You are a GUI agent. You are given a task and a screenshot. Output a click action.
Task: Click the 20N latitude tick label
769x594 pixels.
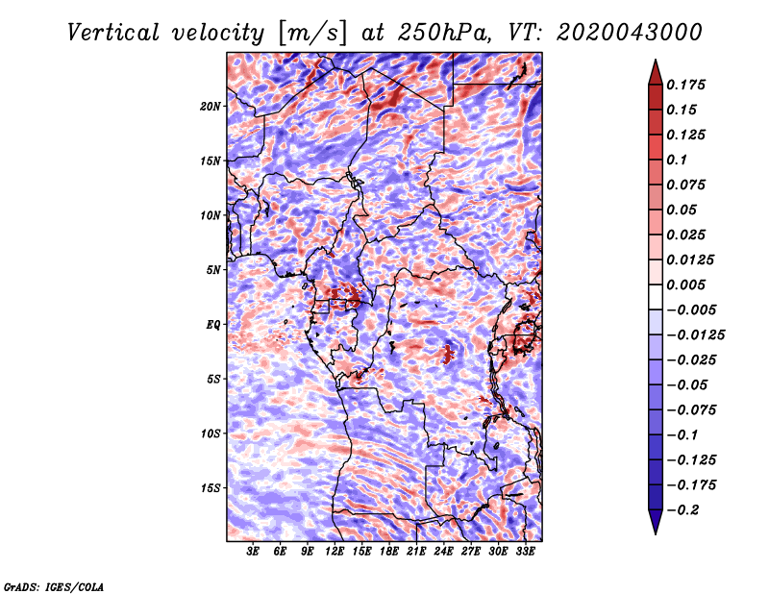(211, 107)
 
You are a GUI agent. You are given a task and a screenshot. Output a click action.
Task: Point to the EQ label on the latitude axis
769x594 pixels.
(213, 325)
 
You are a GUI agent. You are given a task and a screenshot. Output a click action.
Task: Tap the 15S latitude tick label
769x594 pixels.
(211, 488)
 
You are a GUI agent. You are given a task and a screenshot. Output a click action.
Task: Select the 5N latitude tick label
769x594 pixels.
(213, 270)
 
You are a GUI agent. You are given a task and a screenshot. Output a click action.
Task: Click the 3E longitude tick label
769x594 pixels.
(253, 551)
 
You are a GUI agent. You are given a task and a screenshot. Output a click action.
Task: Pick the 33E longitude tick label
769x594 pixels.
(525, 551)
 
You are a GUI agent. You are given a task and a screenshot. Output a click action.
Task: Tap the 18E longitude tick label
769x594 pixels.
(389, 551)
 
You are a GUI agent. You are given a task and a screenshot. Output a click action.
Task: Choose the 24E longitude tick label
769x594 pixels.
(443, 551)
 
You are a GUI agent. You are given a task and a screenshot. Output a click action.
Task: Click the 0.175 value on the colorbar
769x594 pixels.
(685, 85)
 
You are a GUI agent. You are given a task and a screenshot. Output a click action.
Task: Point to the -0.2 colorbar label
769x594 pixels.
(682, 510)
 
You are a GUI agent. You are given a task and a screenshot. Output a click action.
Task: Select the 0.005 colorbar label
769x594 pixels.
(685, 285)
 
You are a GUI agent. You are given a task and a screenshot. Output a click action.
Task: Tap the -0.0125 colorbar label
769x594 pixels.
(695, 335)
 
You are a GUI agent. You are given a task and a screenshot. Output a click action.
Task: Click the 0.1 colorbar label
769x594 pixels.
(677, 160)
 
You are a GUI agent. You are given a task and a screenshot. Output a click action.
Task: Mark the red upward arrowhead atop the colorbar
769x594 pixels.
(656, 72)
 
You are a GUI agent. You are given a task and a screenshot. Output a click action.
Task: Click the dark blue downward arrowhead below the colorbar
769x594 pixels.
(656, 522)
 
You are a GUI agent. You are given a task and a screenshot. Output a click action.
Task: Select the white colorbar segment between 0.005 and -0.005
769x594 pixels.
(656, 297)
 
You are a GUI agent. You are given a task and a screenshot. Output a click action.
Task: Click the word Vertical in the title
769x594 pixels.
(113, 33)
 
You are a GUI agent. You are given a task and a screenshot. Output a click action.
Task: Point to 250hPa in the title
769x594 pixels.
(444, 33)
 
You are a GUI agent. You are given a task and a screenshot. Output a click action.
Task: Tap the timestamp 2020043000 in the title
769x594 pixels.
(630, 33)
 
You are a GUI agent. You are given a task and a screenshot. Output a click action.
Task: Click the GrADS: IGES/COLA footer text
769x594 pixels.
(54, 587)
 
